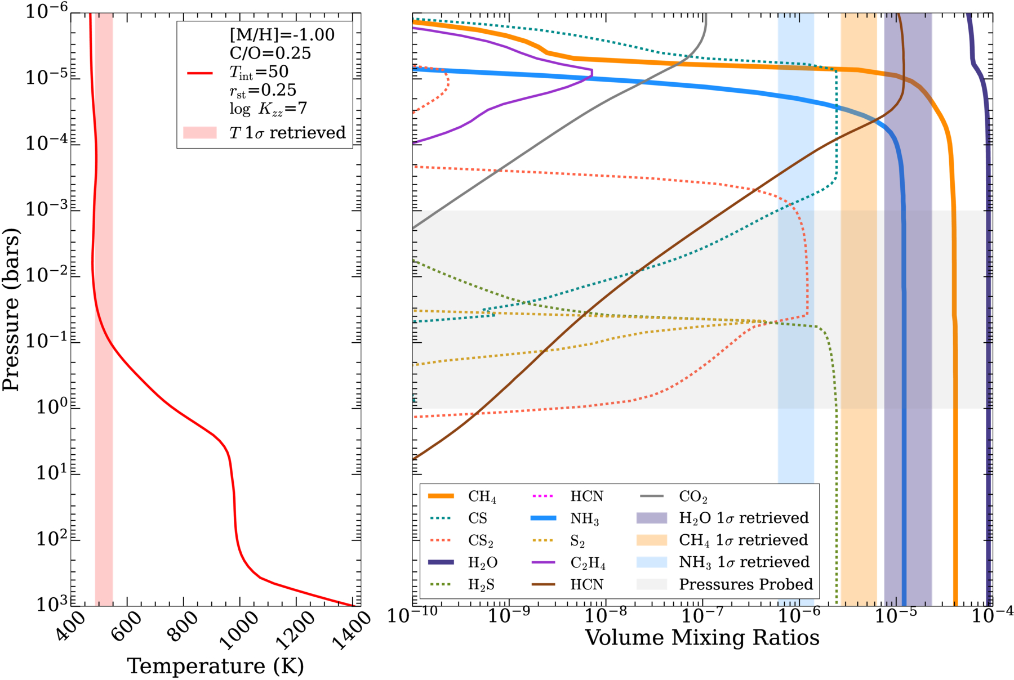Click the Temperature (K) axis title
(x=216, y=666)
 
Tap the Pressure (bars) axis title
(x=11, y=309)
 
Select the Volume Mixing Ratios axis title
(x=702, y=638)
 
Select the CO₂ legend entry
(x=674, y=496)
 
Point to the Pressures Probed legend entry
(x=724, y=585)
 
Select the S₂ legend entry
(x=558, y=541)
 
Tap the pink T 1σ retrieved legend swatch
(x=200, y=132)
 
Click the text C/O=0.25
(x=270, y=53)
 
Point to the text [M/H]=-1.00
(x=282, y=35)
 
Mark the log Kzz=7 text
(x=268, y=108)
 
